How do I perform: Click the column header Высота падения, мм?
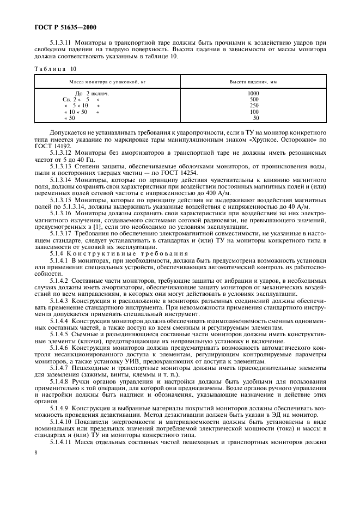(253, 81)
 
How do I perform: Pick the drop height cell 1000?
(253, 94)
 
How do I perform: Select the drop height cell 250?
(254, 105)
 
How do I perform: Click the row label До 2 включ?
(92, 94)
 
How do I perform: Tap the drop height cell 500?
(254, 100)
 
